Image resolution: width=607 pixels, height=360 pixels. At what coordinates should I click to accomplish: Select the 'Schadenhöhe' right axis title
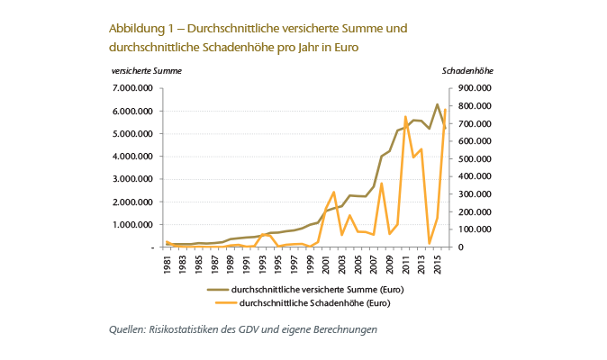point(468,70)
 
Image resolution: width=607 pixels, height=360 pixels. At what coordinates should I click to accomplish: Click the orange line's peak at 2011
point(405,116)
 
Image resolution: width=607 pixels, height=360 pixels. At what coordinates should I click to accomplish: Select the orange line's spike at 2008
point(382,184)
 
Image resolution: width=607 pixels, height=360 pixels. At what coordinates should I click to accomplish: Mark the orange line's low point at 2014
point(430,243)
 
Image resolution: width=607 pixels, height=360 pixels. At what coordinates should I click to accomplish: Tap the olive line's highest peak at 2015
point(438,104)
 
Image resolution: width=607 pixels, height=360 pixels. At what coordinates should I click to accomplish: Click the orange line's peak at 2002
point(334,192)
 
